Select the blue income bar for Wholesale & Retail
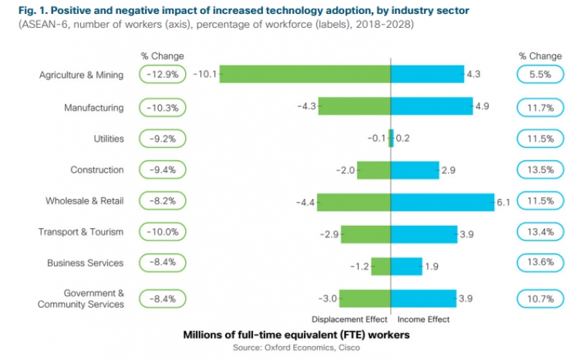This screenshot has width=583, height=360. (x=442, y=202)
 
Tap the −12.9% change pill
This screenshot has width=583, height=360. (x=162, y=75)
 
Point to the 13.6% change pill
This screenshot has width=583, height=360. (x=540, y=263)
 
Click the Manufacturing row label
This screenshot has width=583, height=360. (x=94, y=108)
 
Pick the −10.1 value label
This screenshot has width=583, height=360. (x=206, y=74)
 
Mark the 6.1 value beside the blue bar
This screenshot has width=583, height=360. (x=503, y=202)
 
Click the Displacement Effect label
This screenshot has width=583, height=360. (x=349, y=319)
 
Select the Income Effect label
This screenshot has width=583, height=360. (x=423, y=319)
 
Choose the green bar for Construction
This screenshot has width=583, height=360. (x=374, y=171)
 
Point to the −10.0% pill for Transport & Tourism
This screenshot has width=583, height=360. (x=162, y=232)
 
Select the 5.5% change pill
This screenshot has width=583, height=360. (x=540, y=74)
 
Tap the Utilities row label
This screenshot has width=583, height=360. (x=109, y=138)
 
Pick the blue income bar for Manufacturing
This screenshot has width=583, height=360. (x=431, y=106)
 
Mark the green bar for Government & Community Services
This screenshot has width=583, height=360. (x=365, y=298)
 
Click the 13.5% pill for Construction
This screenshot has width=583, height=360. (x=540, y=171)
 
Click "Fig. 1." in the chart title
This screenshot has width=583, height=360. (x=22, y=11)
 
